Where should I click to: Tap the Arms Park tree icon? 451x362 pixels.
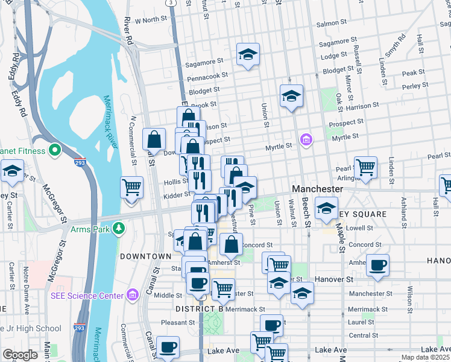[120, 227]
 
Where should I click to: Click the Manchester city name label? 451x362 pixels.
[317, 189]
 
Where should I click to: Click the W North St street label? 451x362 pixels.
[150, 20]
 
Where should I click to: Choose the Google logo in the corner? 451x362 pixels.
[20, 355]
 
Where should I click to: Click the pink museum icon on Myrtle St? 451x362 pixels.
[306, 140]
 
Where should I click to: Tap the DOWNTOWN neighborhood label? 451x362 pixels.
[145, 256]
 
